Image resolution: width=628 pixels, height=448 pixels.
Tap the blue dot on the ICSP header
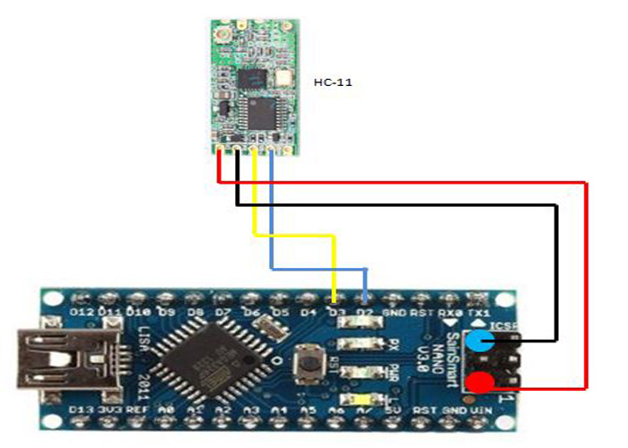click(480, 340)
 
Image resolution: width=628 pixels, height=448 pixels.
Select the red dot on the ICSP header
click(481, 384)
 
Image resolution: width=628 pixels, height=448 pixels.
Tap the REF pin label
click(137, 411)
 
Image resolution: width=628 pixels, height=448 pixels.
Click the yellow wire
click(296, 236)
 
